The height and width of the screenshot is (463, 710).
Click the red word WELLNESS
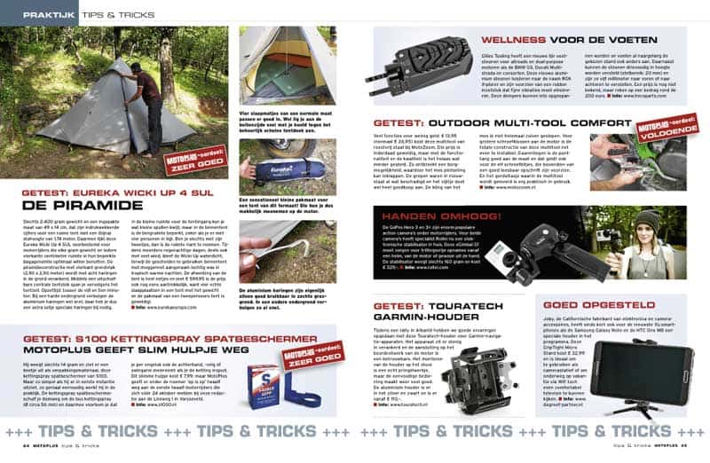tap(511, 39)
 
